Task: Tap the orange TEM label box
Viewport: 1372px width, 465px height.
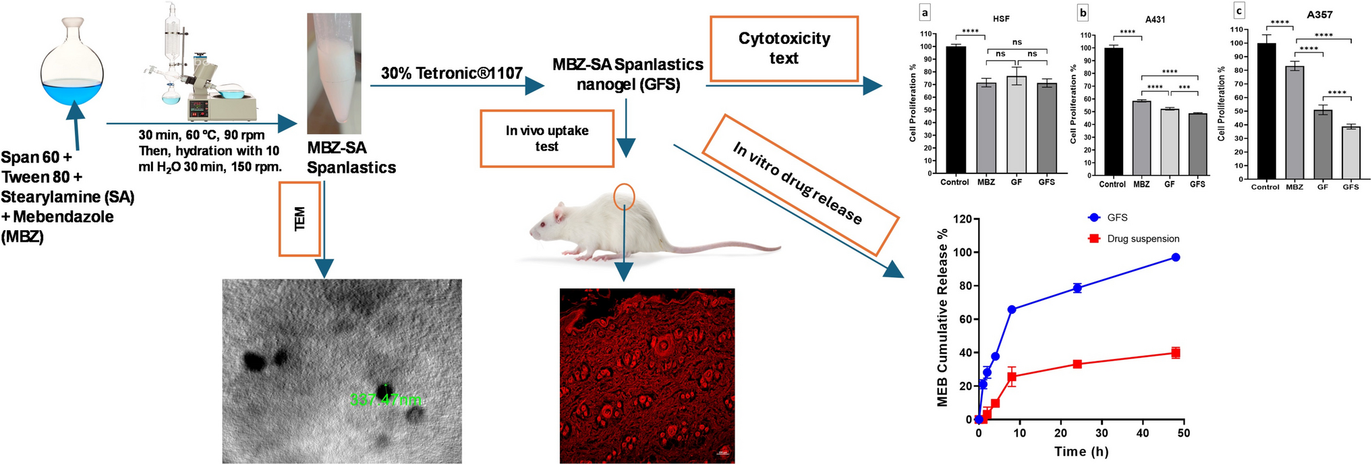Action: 299,218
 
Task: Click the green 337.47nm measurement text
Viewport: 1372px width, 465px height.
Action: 385,400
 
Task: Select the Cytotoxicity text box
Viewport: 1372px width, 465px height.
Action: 783,49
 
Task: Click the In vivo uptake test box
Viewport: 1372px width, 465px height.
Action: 547,138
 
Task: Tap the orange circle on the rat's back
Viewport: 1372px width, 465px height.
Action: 625,195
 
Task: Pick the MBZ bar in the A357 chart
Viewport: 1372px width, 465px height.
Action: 1294,122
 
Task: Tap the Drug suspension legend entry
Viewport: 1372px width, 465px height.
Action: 1142,239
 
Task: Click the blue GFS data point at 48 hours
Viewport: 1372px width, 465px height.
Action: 1175,257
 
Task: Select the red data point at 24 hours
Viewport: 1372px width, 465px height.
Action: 1077,364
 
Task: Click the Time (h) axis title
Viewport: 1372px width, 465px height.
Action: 1080,452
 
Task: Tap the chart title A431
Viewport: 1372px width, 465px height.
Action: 1155,20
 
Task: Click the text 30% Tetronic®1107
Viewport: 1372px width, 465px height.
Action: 451,73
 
